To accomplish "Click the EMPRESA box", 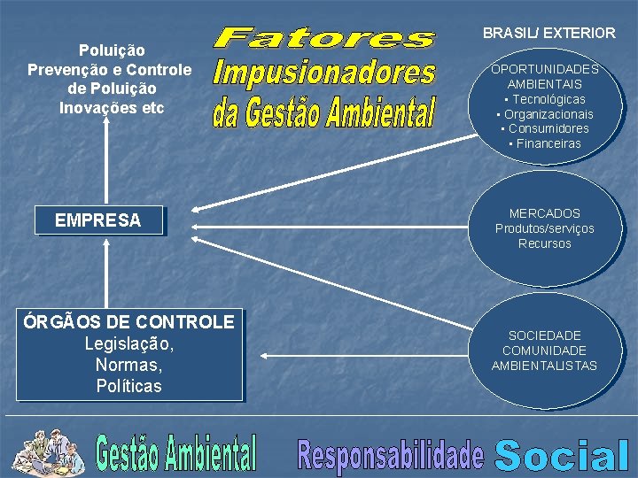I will coord(98,220).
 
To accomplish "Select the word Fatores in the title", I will coord(325,38).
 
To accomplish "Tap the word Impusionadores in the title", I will coord(325,73).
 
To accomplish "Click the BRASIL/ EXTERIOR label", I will coord(549,33).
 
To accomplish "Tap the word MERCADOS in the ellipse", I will coord(545,213).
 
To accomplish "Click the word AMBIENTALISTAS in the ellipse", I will coord(544,366).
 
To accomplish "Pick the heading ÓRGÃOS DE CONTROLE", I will coord(129,322).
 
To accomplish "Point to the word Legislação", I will coord(129,343).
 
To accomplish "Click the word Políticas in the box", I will coord(129,386).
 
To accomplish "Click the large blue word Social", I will coord(562,455).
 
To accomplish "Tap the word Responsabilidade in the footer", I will coord(392,455).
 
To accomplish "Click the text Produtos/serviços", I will coord(545,228).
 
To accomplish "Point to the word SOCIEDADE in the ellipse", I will coord(545,335).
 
